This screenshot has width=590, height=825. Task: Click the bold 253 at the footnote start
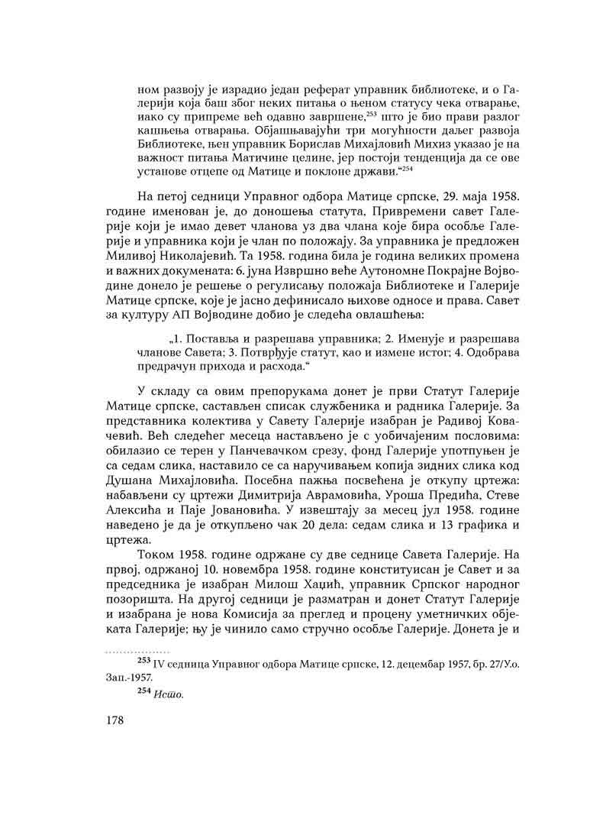click(144, 659)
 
